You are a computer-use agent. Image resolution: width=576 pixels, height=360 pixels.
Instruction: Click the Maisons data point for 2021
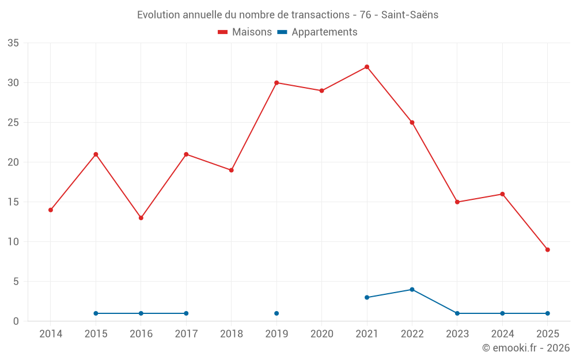pos(367,67)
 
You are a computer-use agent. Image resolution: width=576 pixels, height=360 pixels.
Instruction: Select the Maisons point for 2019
pos(276,83)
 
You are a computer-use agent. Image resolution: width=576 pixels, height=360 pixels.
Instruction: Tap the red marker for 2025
pos(547,249)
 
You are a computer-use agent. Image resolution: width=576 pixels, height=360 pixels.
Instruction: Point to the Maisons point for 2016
pos(141,218)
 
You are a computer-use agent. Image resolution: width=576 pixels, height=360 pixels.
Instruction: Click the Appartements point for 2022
pos(412,290)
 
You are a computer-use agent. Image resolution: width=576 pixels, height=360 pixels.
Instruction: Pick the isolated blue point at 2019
pos(276,313)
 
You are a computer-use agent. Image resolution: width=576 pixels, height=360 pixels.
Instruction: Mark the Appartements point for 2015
pos(96,313)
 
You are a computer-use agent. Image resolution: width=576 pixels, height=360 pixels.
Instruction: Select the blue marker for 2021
pos(367,297)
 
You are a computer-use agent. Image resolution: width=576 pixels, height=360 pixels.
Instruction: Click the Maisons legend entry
pos(245,32)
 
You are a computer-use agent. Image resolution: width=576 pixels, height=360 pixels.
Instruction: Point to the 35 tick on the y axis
pos(13,43)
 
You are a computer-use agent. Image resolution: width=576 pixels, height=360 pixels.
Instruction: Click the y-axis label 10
pos(13,242)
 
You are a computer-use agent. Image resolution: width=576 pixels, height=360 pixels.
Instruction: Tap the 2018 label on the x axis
pos(231,334)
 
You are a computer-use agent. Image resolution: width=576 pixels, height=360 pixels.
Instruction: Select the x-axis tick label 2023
pos(457,334)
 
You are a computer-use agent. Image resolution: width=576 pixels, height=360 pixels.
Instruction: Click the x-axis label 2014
pos(51,334)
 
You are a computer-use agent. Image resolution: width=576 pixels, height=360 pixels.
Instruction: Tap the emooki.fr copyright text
pos(525,348)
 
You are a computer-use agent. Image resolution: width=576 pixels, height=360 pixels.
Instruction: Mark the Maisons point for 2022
pos(412,123)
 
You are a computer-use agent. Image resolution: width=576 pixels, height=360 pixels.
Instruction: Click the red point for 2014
pos(51,210)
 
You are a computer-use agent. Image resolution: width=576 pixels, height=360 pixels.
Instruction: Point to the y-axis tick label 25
pos(13,123)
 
